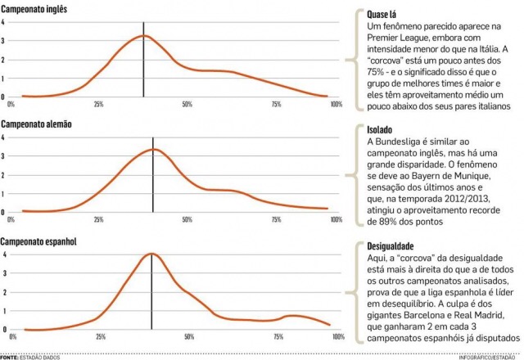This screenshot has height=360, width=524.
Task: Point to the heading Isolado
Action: tap(380, 130)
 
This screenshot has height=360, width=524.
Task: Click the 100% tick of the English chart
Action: tap(336, 104)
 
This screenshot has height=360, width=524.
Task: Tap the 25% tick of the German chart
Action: tap(99, 219)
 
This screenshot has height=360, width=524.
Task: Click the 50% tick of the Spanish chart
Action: tap(189, 336)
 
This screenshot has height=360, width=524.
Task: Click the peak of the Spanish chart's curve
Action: tap(151, 254)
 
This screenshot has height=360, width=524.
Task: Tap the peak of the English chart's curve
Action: tap(145, 36)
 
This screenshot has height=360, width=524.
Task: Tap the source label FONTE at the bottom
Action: tap(11, 357)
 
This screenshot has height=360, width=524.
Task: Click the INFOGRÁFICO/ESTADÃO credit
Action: tap(489, 357)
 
